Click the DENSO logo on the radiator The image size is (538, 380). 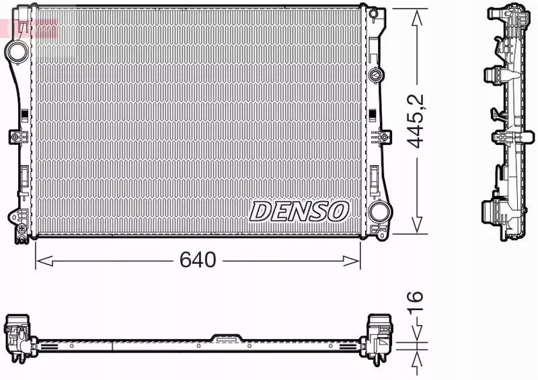pos(299,211)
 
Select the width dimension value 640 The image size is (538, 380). pos(198,260)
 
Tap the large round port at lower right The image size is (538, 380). pos(379,212)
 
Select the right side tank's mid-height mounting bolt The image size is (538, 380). pos(384,137)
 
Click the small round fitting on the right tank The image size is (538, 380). pos(375,74)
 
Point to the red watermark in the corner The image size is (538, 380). pos(27,27)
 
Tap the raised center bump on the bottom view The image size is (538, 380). pos(225,338)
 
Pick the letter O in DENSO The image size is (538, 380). pos(338,211)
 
